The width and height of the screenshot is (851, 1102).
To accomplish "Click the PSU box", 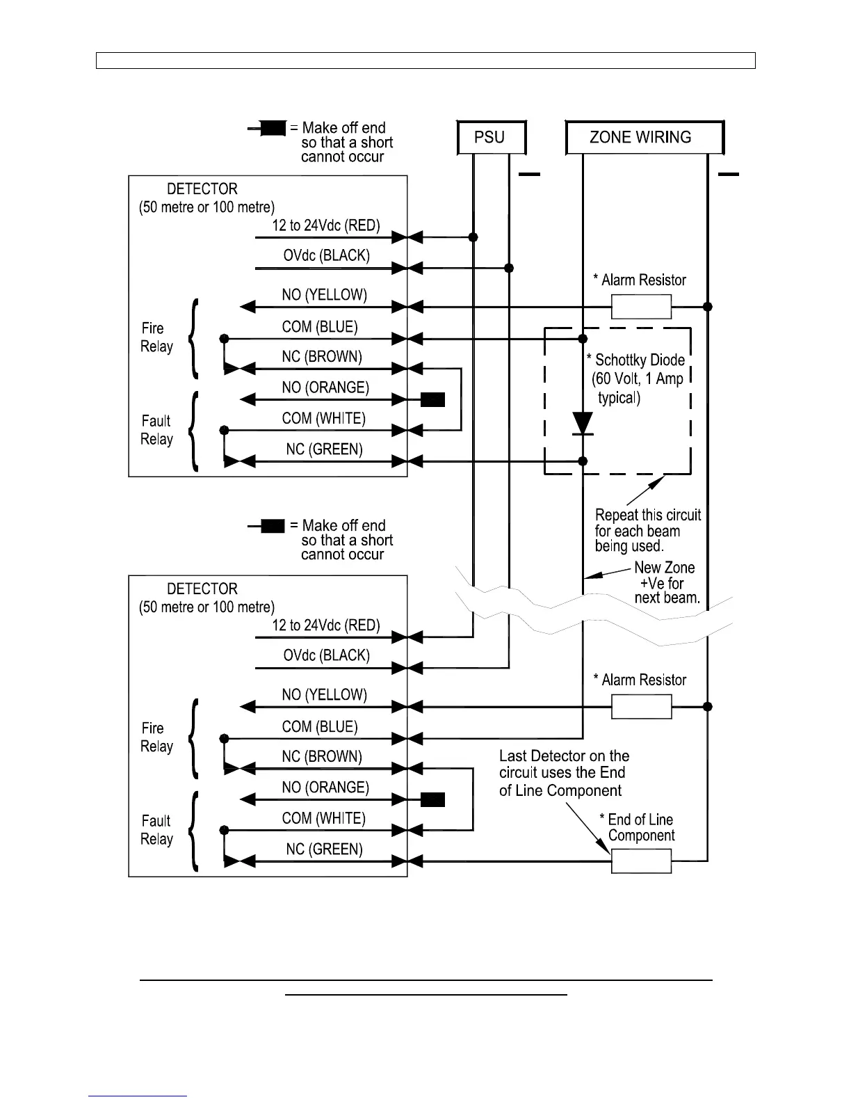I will (490, 137).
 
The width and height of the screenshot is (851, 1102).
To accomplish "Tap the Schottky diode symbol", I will (583, 423).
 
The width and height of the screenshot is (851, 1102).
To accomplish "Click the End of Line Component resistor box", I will (641, 862).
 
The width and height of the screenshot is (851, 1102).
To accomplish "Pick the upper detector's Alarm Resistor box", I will (641, 306).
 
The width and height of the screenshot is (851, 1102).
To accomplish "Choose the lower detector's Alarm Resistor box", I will (641, 707).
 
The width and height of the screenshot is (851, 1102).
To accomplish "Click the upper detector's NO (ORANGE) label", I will (325, 388).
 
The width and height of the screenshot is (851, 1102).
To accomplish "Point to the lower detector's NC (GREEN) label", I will (324, 849).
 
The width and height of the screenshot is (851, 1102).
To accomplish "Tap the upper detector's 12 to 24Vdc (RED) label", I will (325, 225).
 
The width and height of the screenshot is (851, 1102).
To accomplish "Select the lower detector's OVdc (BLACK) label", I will (326, 655).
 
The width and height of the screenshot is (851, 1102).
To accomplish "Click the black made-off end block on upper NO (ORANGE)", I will (432, 399).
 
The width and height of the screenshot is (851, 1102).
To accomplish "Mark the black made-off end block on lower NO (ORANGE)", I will (432, 799).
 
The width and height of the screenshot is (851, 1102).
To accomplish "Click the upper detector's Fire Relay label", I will (156, 337).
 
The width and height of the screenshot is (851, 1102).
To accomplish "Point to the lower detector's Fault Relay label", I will (156, 830).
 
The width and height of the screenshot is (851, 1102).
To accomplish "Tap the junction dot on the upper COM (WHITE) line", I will (224, 430).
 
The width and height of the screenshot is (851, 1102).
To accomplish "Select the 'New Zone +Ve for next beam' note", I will (665, 583).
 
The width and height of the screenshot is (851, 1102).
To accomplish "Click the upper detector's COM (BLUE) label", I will (319, 327).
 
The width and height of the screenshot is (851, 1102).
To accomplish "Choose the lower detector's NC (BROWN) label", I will (321, 757).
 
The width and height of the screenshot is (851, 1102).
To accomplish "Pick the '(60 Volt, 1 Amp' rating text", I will (637, 379).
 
